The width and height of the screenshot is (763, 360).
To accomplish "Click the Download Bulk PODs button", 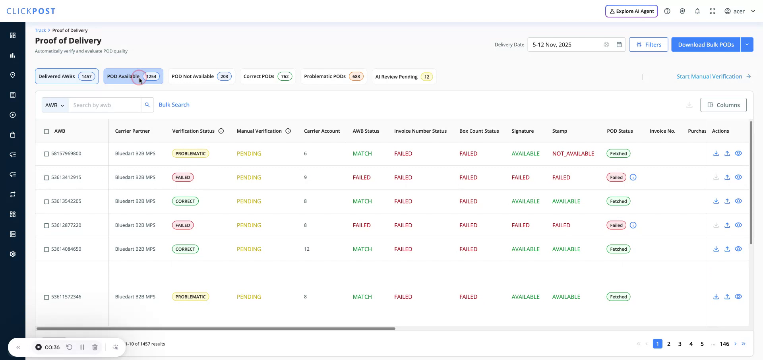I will pyautogui.click(x=705, y=45).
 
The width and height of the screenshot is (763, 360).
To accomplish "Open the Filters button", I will pyautogui.click(x=648, y=45).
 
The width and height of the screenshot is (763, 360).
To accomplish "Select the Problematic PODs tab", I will pyautogui.click(x=333, y=76).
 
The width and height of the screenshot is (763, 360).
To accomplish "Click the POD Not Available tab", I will pyautogui.click(x=201, y=76).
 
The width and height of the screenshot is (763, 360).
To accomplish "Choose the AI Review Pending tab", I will pyautogui.click(x=403, y=77).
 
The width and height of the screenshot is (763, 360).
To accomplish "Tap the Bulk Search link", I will pyautogui.click(x=174, y=105).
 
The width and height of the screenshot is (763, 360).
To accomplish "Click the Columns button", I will pyautogui.click(x=723, y=105).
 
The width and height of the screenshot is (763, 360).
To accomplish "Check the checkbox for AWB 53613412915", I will pyautogui.click(x=46, y=178).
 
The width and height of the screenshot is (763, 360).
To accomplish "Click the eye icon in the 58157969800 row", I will pyautogui.click(x=738, y=153).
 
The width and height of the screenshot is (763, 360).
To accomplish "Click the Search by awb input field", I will pyautogui.click(x=105, y=105).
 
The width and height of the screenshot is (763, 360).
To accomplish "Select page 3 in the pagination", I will pyautogui.click(x=680, y=344).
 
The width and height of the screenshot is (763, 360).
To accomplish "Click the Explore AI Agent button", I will pyautogui.click(x=631, y=11).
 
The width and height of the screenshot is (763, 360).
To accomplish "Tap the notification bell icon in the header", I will pyautogui.click(x=697, y=11).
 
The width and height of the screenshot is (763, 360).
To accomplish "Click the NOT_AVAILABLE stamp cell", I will pyautogui.click(x=573, y=153).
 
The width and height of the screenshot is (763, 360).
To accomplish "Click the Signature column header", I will pyautogui.click(x=523, y=131).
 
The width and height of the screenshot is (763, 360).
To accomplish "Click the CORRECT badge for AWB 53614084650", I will pyautogui.click(x=185, y=249).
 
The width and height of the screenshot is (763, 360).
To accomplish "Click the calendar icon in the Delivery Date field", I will pyautogui.click(x=619, y=45).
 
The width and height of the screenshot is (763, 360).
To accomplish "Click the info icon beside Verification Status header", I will pyautogui.click(x=221, y=131).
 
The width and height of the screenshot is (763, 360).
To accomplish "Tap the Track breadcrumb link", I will pyautogui.click(x=40, y=30).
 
